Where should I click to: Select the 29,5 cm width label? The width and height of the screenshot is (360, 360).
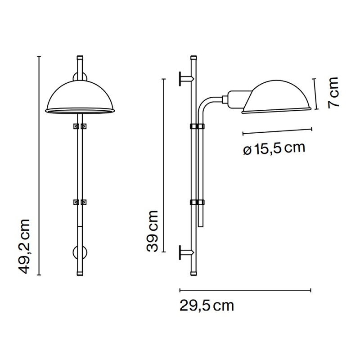click(207, 306)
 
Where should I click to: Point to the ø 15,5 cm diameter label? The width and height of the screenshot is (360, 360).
click(274, 148)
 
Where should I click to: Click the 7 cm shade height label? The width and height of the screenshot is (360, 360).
click(333, 93)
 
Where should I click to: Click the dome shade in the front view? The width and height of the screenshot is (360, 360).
click(80, 97)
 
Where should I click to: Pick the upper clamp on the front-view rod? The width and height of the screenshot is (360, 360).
click(80, 126)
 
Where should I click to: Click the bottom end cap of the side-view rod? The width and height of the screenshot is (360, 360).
click(193, 273)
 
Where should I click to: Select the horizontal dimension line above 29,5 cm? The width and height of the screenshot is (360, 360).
click(245, 290)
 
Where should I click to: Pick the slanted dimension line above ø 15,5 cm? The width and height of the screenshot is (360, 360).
click(277, 131)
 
